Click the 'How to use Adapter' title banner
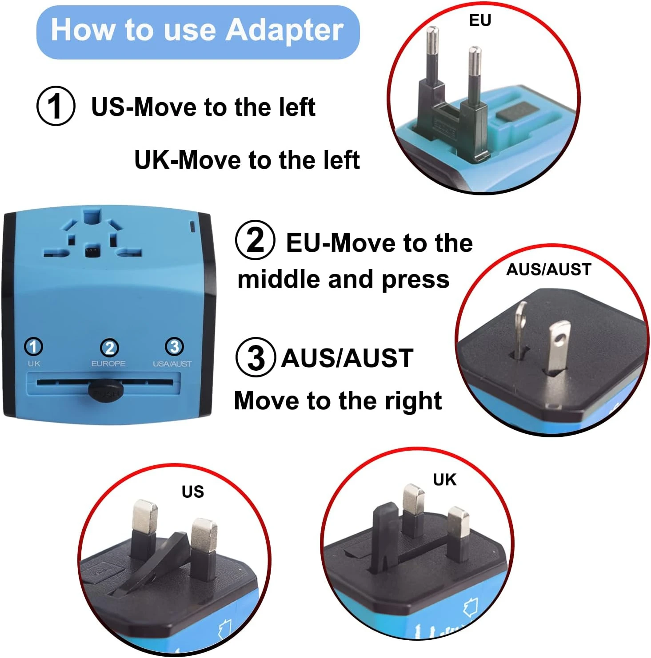coord(198,32)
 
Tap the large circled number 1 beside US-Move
coord(56,107)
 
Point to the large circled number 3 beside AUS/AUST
coord(255,357)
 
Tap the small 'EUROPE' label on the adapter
coord(108,364)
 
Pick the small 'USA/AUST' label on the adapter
coord(172,364)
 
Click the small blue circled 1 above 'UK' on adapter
coord(34,346)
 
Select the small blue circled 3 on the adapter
coord(174,346)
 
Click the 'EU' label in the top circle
coord(480,20)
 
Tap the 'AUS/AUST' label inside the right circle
coord(549,270)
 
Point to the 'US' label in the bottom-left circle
coord(193,492)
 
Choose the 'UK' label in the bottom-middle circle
coord(444,480)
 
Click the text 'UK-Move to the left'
coord(247,160)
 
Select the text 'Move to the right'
coord(338,400)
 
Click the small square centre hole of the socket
coord(92,252)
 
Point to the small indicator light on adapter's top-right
coord(192,227)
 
